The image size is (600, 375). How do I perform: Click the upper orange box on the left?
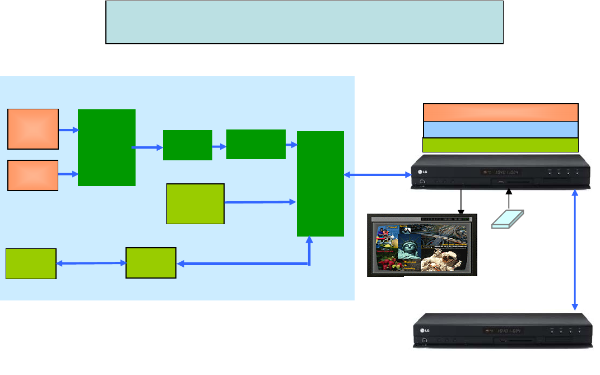coord(33,129)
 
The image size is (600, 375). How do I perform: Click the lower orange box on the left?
coord(33,175)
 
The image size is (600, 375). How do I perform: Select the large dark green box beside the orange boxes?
coord(106,147)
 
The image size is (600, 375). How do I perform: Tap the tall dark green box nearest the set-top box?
coord(320,184)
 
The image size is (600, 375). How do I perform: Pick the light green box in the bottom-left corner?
coord(31,263)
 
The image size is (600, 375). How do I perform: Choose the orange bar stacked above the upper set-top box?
coord(500,112)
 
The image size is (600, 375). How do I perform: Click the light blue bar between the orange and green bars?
coord(500,129)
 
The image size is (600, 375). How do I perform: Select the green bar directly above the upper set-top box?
coord(500,145)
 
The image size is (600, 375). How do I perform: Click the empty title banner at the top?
coord(304,22)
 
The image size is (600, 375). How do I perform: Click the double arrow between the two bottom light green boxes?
coord(91,263)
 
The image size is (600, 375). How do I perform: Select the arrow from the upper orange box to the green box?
coord(68,130)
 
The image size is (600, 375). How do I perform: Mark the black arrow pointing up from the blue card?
coord(509,199)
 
